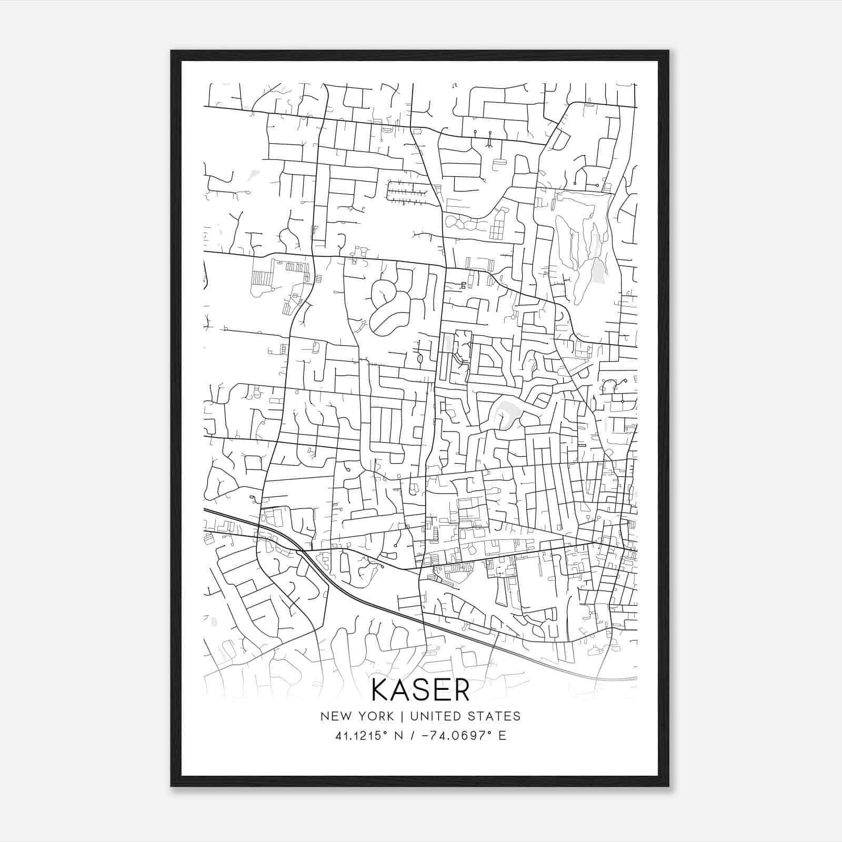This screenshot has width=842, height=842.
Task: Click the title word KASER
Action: click(x=420, y=690)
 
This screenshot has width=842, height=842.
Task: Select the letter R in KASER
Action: click(x=460, y=690)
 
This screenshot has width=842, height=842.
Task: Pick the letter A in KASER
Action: click(x=401, y=690)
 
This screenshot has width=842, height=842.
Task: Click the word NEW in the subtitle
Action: click(x=334, y=716)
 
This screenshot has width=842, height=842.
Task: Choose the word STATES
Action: click(x=495, y=716)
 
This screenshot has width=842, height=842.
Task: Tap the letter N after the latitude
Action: click(x=400, y=736)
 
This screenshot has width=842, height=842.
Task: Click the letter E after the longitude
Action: click(x=502, y=736)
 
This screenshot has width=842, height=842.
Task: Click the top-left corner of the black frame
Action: click(x=172, y=51)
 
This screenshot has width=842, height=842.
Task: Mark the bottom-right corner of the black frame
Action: click(x=668, y=786)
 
